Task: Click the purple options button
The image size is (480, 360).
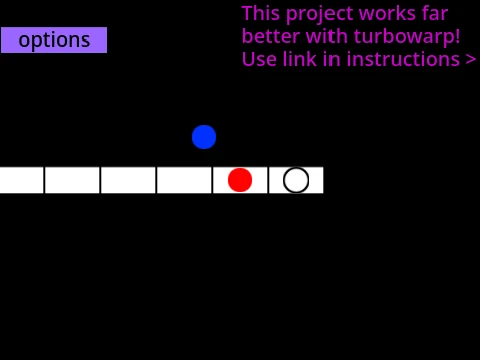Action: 54,40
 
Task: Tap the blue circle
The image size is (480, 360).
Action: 204,137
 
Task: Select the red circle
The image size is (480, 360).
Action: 240,180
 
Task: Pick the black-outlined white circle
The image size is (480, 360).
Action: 296,180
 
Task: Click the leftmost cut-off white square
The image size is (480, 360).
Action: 22,180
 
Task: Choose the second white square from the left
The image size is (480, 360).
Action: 72,180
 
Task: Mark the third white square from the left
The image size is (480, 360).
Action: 128,180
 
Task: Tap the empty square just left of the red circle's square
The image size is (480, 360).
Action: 184,180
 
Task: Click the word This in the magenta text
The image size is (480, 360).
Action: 261,14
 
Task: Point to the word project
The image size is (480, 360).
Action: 319,15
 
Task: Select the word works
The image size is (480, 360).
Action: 388,14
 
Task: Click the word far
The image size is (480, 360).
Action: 435,14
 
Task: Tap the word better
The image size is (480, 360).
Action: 271,36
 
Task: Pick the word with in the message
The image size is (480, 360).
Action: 326,36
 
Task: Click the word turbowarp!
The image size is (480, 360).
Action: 407,36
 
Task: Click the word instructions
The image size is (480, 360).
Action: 403,59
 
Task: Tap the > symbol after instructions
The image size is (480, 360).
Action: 471,60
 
